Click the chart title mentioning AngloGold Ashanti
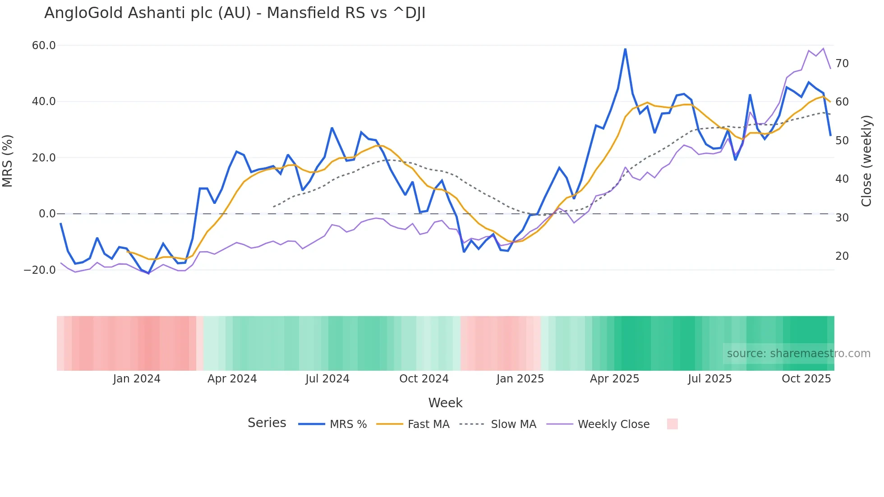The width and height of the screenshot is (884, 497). (235, 13)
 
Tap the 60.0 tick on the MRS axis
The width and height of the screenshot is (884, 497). (44, 46)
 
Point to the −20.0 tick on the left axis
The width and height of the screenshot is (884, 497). (40, 270)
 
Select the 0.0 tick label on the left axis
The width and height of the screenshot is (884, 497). (47, 214)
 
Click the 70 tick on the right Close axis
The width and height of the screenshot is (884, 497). (842, 64)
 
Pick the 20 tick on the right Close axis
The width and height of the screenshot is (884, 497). (842, 256)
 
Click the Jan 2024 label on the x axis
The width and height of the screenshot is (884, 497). (137, 379)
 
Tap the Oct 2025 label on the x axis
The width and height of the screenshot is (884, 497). (806, 379)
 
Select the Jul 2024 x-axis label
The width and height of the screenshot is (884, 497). (327, 379)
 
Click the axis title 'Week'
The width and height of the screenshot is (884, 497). (445, 403)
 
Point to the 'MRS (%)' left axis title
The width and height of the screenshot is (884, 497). (8, 161)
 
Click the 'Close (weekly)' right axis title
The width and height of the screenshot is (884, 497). (866, 161)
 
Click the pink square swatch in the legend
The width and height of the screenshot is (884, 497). (672, 424)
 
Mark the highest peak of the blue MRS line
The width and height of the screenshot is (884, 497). (625, 49)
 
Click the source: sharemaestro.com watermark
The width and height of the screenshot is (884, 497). (798, 354)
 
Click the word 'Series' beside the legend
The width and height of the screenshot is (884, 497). (267, 423)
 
